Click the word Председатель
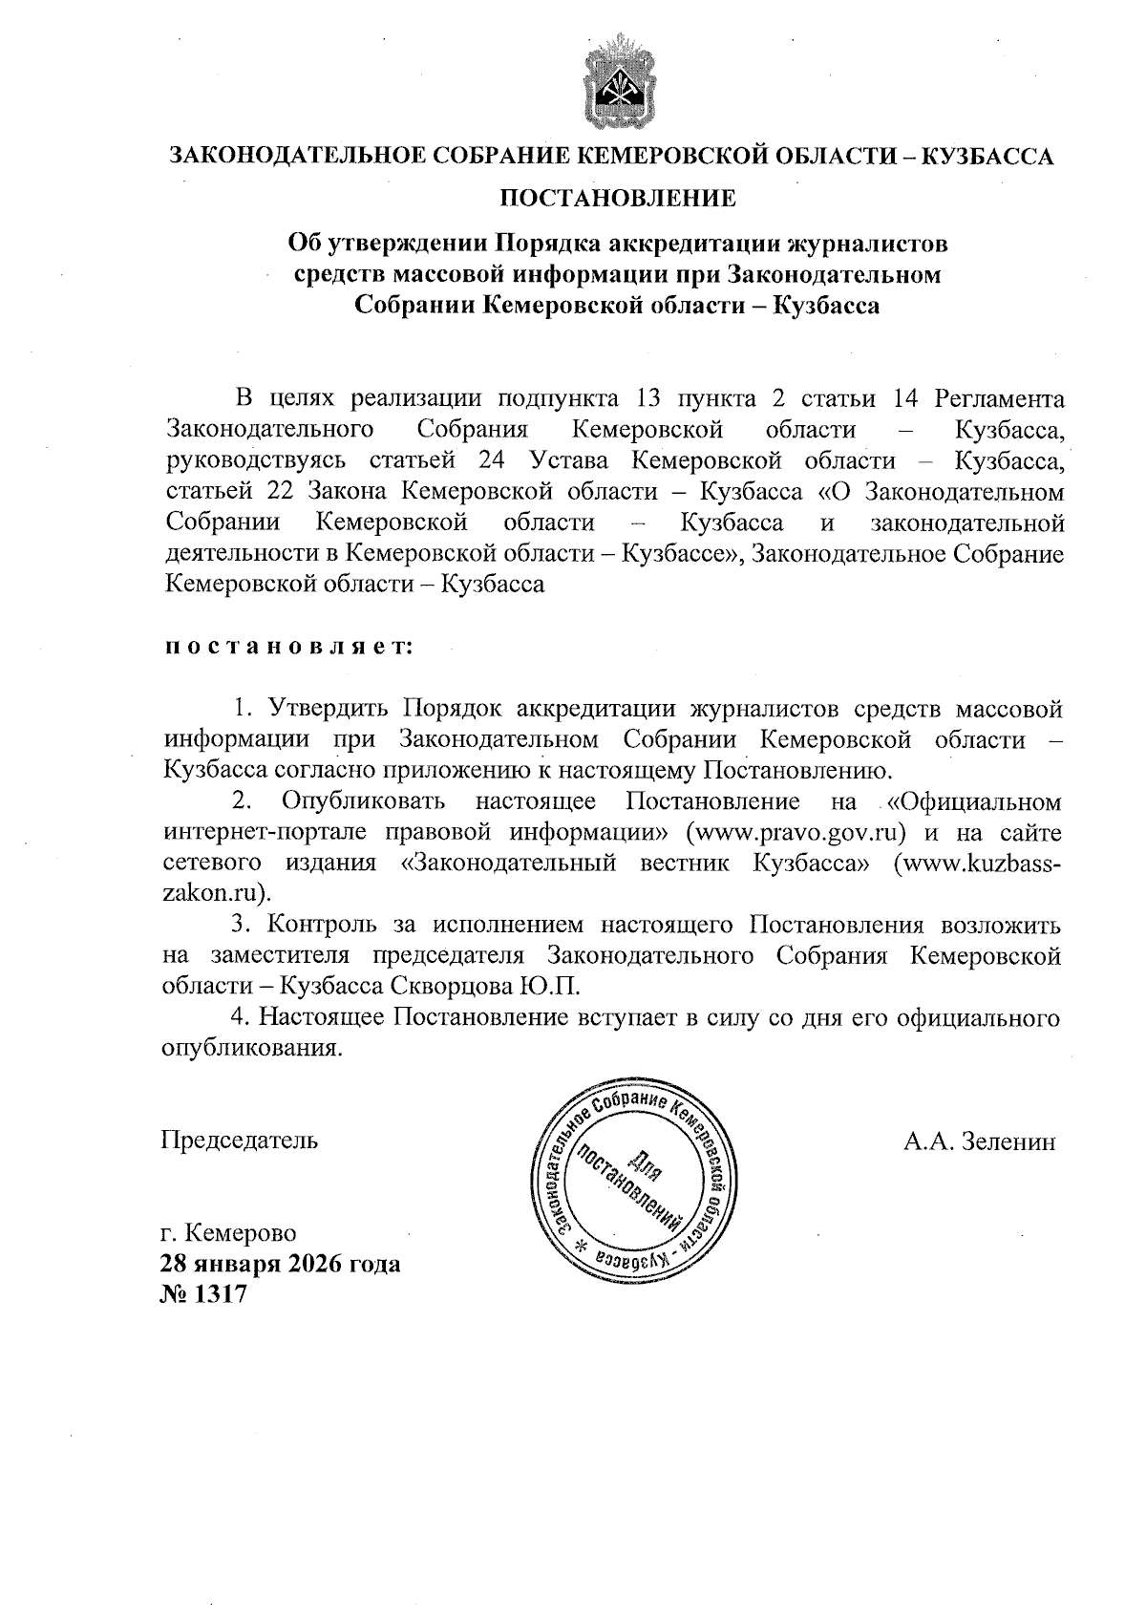tap(239, 1140)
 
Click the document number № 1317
tap(204, 1294)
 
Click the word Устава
tap(569, 461)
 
